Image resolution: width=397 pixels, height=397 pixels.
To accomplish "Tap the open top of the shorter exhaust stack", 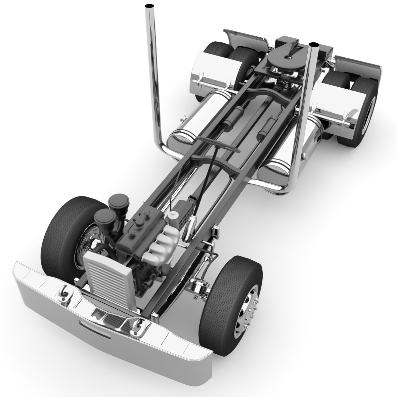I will [x=313, y=44].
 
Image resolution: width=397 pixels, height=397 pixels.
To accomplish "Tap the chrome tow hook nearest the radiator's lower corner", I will [x=136, y=327].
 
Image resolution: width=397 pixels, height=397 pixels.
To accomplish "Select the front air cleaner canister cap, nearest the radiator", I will [x=104, y=217].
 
